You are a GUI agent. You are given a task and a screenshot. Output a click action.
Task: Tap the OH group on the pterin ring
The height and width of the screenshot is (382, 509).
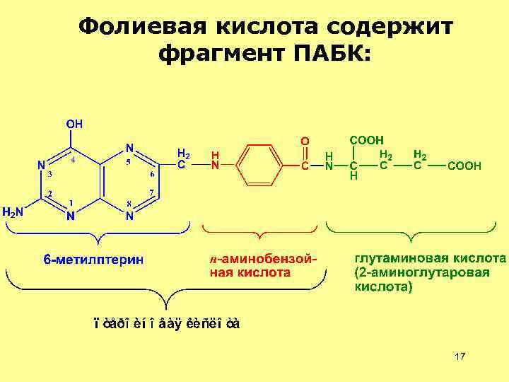75,123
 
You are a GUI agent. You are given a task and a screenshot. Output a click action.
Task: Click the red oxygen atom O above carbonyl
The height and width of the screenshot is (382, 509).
305,141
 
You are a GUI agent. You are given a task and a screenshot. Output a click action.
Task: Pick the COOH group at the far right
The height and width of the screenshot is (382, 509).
464,166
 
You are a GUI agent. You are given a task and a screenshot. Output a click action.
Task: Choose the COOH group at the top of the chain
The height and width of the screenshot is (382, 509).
367,140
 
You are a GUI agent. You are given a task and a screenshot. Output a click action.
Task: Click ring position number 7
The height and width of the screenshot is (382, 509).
151,192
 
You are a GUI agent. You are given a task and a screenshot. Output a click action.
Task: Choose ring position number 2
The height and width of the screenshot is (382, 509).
49,193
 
